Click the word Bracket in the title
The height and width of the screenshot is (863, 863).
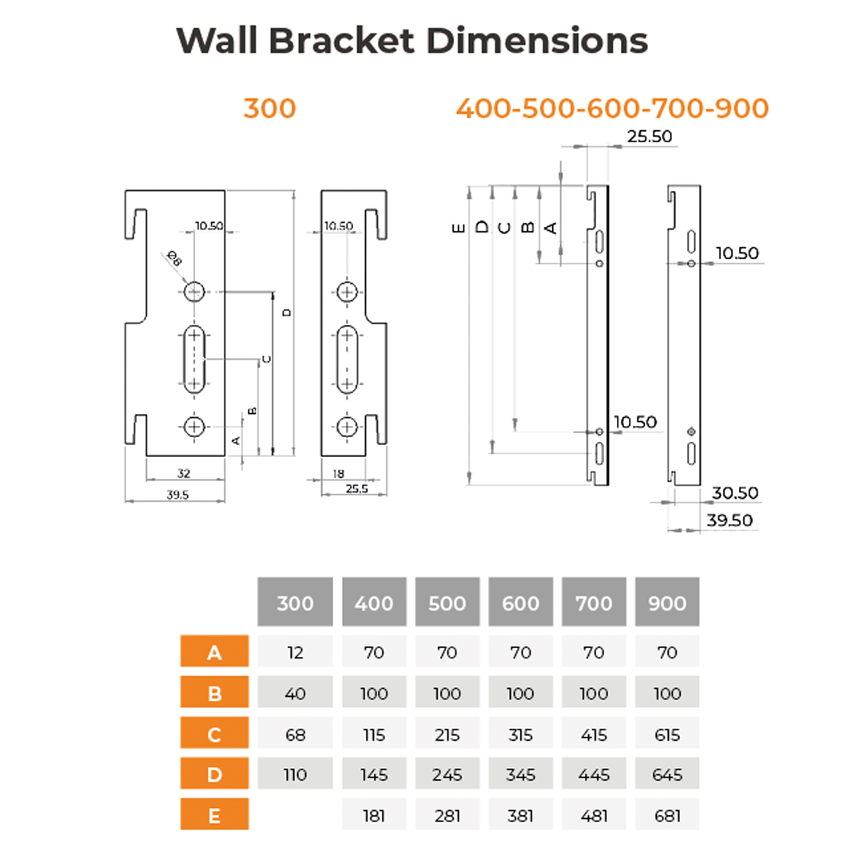341,41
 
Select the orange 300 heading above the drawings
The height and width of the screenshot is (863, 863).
270,109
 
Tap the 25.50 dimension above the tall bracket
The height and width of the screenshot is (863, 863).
650,137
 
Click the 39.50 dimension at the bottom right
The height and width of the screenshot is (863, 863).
730,520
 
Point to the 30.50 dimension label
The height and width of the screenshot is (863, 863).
735,493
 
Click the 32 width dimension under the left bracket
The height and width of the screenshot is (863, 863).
184,473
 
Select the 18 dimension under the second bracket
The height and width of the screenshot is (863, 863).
339,473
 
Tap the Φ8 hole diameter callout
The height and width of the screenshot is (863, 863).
174,258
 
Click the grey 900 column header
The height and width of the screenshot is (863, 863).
667,603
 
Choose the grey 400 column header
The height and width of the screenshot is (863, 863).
374,603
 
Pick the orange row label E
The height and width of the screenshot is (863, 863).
215,814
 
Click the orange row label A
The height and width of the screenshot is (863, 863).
215,652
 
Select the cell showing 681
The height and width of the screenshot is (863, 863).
667,815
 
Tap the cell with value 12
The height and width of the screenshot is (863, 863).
295,652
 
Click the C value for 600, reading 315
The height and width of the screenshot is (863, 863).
521,734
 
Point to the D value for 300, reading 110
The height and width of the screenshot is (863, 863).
295,774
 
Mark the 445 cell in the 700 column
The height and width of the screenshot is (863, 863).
594,774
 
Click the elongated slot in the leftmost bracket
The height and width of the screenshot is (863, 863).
193,360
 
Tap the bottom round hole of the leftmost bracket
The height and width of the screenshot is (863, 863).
193,427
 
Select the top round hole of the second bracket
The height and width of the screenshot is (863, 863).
347,292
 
